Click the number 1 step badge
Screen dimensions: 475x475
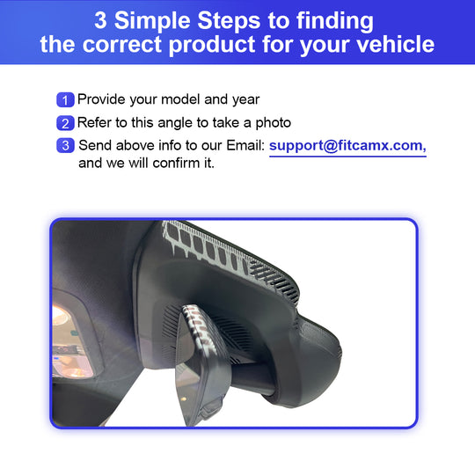[65, 100]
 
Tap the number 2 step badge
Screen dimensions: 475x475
[65, 123]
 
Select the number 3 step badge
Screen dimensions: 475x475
[65, 145]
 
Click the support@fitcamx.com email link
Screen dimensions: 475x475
[347, 146]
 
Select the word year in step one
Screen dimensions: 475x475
[246, 100]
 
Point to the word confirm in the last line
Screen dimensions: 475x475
[176, 164]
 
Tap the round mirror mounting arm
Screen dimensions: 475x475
[253, 378]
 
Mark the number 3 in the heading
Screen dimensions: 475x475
[100, 20]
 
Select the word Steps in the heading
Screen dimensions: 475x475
[229, 21]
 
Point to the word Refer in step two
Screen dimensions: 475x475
[94, 122]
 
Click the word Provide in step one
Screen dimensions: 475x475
[101, 99]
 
